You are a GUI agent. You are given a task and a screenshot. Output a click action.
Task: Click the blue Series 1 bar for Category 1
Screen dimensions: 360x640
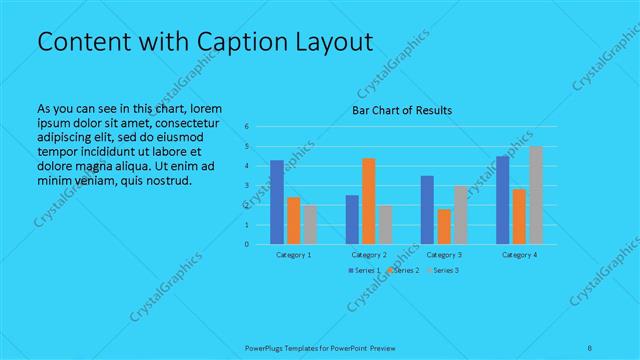[x=277, y=202]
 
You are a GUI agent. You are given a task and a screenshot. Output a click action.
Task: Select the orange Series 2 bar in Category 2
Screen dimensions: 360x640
[x=369, y=201]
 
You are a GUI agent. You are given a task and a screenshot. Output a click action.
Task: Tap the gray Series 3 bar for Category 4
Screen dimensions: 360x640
[x=536, y=195]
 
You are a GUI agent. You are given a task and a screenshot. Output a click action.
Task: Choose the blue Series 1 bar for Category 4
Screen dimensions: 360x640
[x=503, y=200]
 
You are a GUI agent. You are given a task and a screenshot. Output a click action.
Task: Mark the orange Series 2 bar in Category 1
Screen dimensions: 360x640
[x=293, y=221]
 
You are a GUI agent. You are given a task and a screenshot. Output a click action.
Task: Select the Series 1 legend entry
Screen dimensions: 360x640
[x=366, y=271]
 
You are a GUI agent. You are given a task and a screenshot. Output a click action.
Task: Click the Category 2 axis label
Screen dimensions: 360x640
[x=370, y=255]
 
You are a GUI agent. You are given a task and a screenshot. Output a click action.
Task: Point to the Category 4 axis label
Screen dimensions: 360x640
[x=519, y=255]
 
